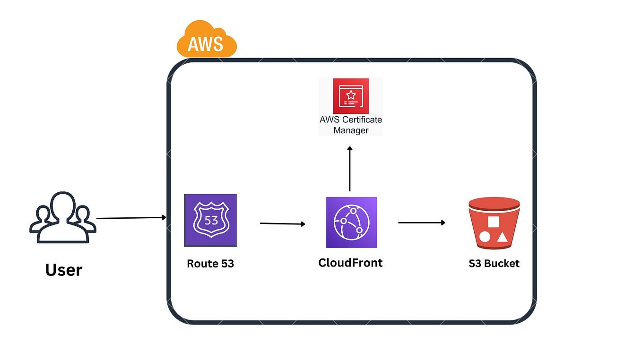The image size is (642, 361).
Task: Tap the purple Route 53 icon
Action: [x=210, y=220]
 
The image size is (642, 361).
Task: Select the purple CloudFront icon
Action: [x=351, y=222]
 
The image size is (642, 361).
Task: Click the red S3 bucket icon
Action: [x=494, y=223]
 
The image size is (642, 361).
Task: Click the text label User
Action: [x=63, y=270]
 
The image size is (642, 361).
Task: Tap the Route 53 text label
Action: [x=210, y=264]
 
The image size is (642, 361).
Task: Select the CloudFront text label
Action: [x=350, y=262]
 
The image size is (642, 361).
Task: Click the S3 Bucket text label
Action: [x=494, y=264]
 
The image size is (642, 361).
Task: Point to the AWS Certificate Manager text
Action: [x=350, y=125]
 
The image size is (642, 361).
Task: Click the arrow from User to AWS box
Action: [x=131, y=218]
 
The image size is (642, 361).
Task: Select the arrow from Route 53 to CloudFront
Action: [x=283, y=223]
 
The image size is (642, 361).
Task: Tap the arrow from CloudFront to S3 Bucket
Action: [x=422, y=223]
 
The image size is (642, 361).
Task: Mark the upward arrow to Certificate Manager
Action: [x=350, y=169]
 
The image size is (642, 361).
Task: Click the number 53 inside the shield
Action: [x=210, y=220]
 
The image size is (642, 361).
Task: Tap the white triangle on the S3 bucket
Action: [x=502, y=238]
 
